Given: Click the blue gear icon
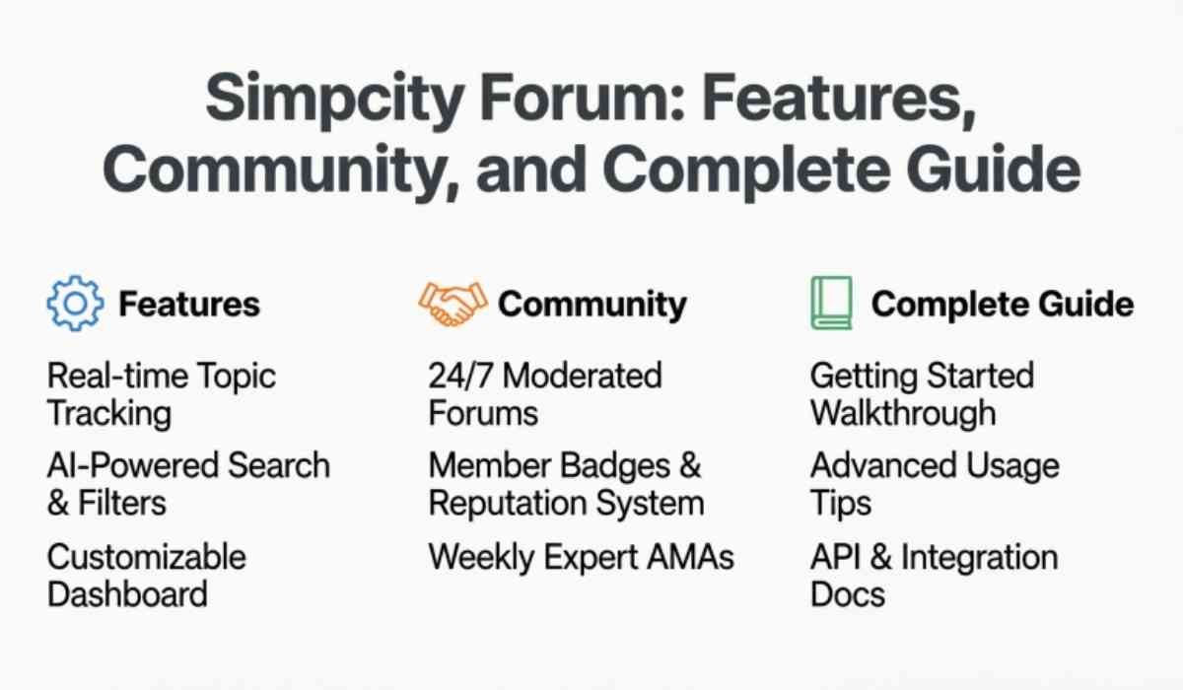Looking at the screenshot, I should pos(75,304).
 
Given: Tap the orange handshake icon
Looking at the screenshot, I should pos(452,304).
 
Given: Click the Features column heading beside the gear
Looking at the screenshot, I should pos(189,305).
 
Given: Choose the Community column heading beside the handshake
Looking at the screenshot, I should pos(592,305).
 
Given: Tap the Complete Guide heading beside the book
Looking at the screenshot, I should pos(1003,305).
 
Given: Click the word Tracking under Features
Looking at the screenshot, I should pos(109,413).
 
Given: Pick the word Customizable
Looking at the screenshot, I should pos(146,557).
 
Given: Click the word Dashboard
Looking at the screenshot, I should pos(127,594).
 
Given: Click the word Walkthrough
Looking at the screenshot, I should pos(903,413).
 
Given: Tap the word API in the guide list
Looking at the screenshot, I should pos(835,557).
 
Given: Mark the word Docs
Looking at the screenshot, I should pos(848,594).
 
